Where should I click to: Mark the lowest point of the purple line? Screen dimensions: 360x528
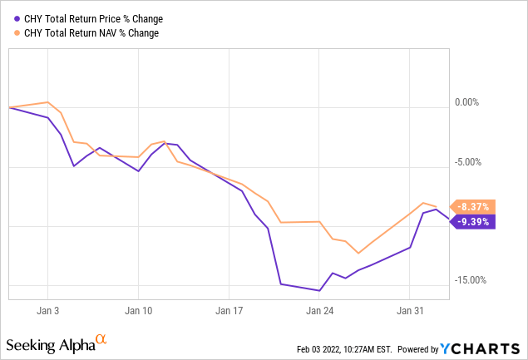[319, 290]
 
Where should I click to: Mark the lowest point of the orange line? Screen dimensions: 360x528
[358, 253]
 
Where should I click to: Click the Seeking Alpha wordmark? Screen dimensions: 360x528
[49, 344]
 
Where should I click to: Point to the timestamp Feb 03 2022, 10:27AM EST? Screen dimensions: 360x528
[343, 348]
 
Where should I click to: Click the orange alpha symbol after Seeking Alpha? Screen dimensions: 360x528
[101, 340]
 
